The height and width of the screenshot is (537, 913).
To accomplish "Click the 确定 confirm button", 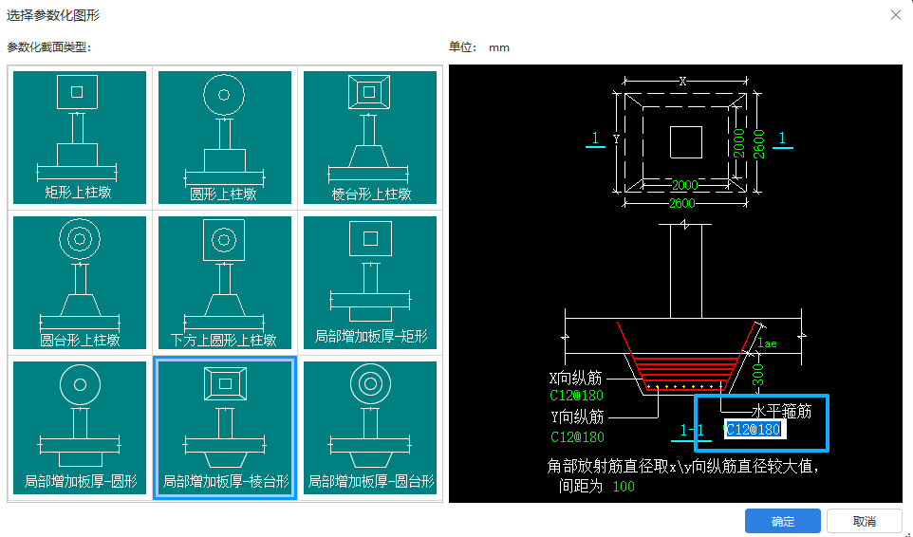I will pos(782,521).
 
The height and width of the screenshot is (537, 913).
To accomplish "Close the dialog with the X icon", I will pos(895,14).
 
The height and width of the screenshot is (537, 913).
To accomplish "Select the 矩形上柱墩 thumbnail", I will pos(81,137).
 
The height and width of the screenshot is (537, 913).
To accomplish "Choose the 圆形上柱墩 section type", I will pos(225,137).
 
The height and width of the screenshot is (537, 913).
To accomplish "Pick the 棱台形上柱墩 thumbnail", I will pos(370,137).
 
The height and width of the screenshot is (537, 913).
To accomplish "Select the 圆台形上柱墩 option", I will pos(81,282).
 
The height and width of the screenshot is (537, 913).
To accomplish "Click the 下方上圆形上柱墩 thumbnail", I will pos(225,282).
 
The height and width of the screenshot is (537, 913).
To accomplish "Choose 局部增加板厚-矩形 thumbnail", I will pos(370,282).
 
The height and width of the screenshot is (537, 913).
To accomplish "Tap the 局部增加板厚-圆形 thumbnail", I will pos(81,427).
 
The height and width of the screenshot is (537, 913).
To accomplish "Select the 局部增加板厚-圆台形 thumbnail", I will pos(370,427).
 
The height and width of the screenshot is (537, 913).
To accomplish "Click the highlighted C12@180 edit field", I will pos(754,430).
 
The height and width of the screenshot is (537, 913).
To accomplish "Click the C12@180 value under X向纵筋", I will pos(577,395).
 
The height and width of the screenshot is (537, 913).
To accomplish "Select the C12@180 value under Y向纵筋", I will pos(577,437).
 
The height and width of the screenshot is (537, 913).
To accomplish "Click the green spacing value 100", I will pos(623,487).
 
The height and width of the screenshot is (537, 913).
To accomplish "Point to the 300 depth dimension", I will pos(758,373).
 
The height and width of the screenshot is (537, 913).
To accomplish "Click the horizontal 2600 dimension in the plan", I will pos(682,202).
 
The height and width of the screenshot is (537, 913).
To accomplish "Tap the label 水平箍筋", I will pos(781,412).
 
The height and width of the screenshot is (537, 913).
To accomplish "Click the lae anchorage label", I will pos(767,343).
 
